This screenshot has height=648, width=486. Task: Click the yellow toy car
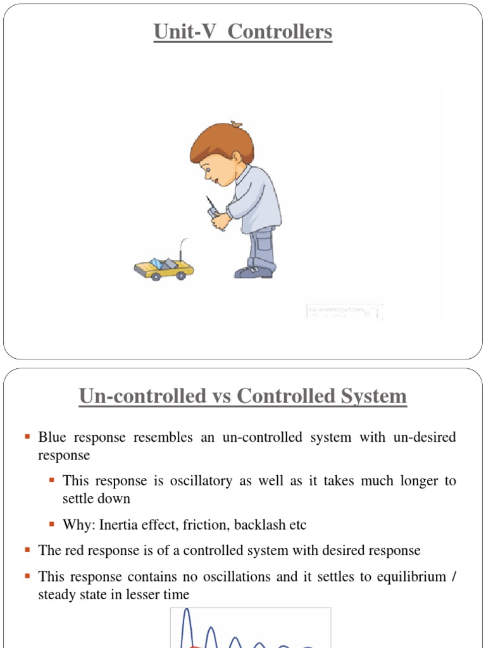click(x=163, y=268)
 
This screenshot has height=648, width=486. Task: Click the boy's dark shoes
click(x=254, y=272)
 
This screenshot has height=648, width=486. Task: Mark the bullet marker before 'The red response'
click(x=28, y=551)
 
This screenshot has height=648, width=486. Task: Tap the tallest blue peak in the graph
click(x=187, y=613)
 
